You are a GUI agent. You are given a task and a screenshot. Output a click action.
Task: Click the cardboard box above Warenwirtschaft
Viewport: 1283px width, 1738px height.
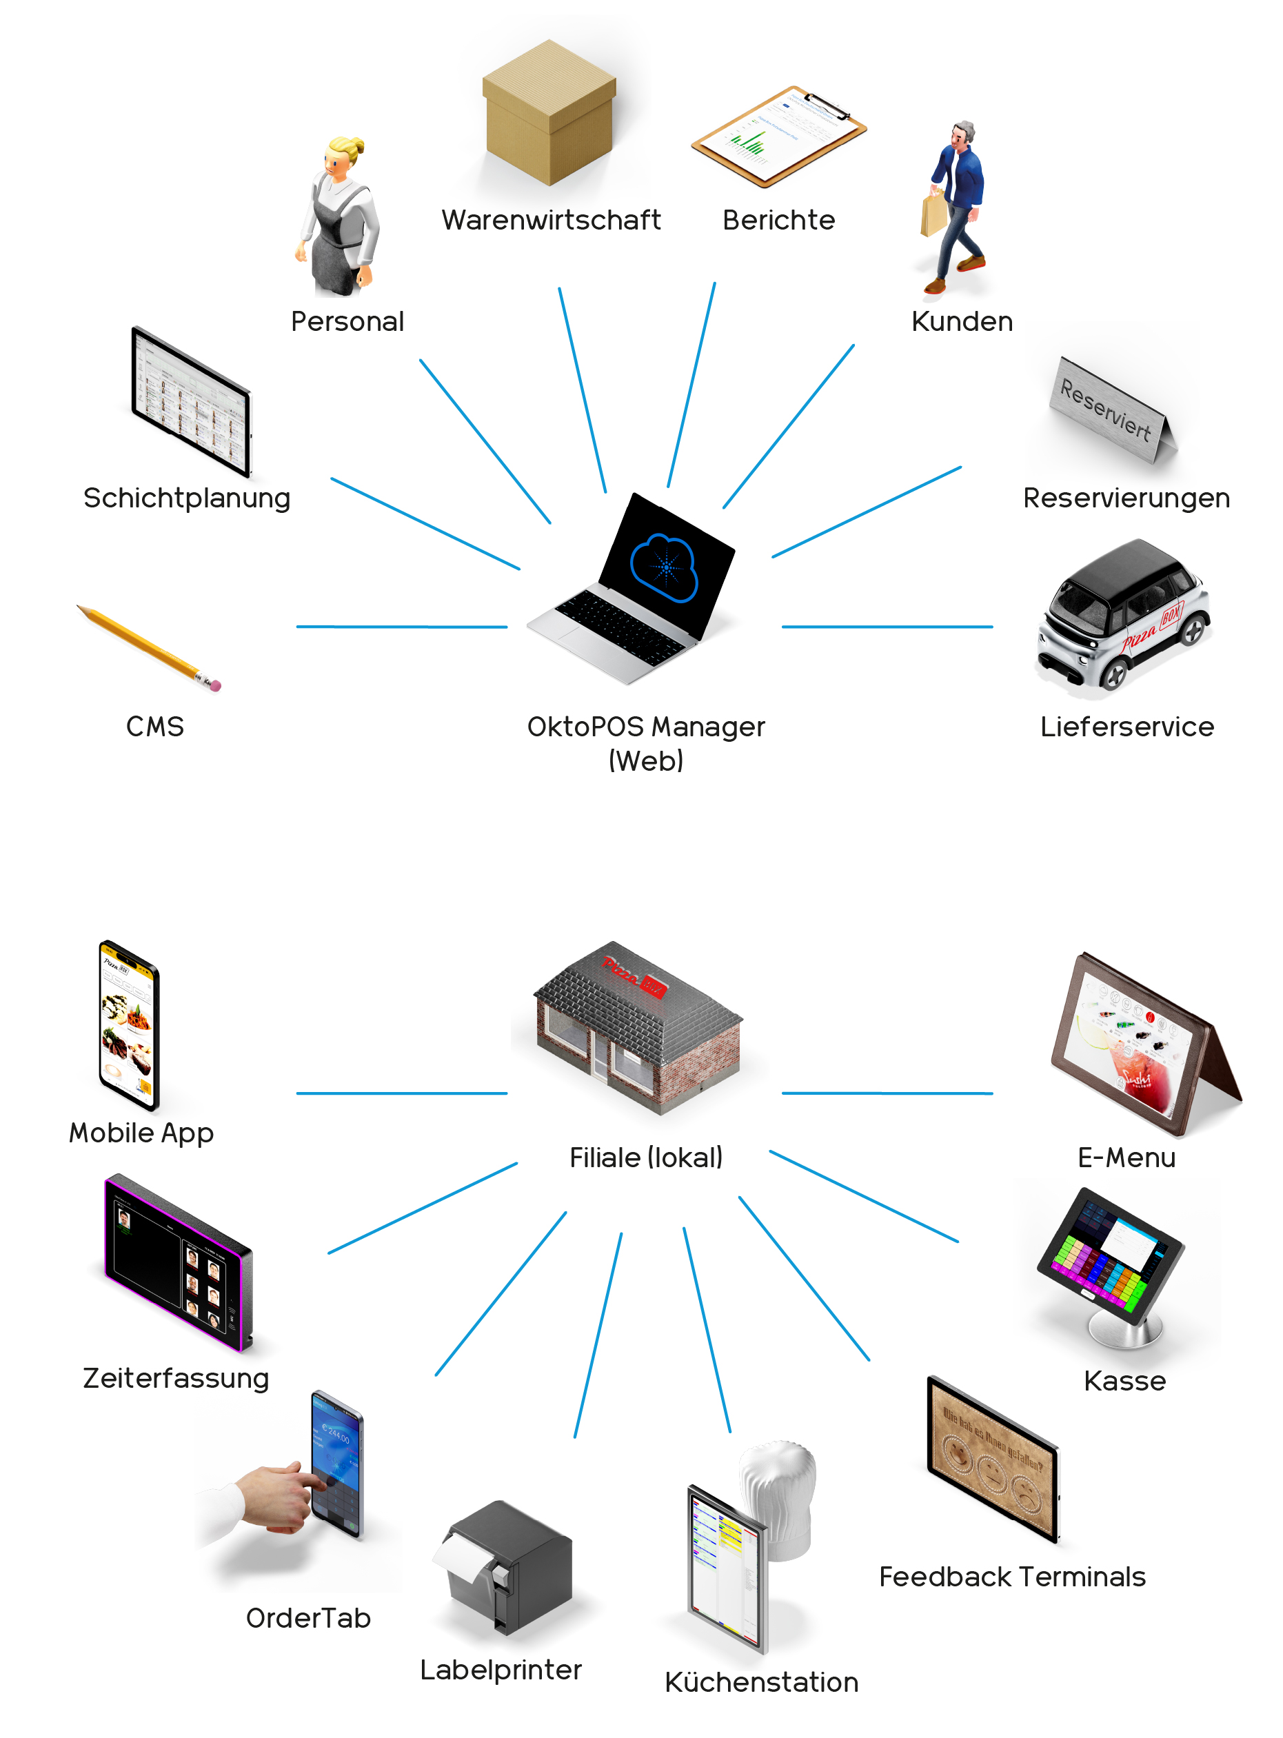coord(549,113)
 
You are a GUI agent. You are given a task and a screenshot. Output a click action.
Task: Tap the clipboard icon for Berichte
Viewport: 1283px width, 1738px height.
coord(778,137)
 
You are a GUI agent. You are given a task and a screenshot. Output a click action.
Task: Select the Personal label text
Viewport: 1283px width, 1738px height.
coord(347,321)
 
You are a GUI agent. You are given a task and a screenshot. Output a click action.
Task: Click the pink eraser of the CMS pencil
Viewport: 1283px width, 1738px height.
coord(216,686)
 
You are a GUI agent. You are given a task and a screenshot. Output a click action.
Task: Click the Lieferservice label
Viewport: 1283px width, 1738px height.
coord(1127,727)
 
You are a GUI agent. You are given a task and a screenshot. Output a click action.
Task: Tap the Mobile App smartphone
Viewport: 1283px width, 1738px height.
coord(128,1025)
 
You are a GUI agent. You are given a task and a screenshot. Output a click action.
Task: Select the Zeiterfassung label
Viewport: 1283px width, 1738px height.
coord(176,1378)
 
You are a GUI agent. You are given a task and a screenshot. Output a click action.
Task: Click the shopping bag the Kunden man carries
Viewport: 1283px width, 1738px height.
coord(933,214)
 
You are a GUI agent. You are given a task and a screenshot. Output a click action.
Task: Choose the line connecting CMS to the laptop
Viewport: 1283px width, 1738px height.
coord(401,626)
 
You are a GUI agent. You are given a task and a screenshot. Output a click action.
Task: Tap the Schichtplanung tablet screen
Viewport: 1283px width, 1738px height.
coord(191,401)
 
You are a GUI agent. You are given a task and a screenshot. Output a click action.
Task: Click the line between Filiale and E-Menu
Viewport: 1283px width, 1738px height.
coord(887,1093)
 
